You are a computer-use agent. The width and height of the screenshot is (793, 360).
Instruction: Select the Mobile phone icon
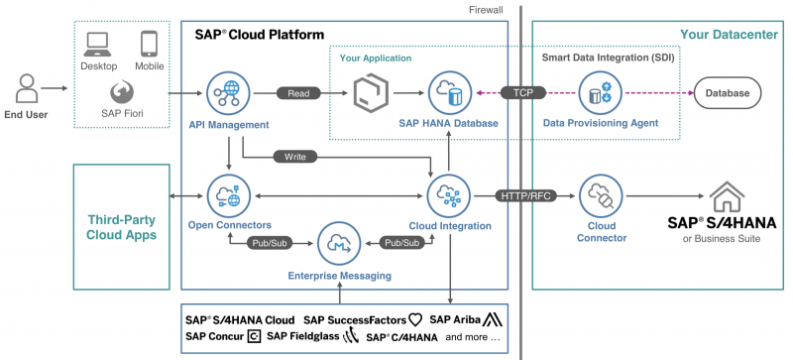pyautogui.click(x=150, y=43)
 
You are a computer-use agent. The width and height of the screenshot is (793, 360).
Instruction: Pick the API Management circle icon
pyautogui.click(x=229, y=93)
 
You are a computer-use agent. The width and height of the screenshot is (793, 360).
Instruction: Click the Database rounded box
pyautogui.click(x=728, y=93)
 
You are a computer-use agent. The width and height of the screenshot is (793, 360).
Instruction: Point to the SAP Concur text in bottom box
pyautogui.click(x=214, y=337)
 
